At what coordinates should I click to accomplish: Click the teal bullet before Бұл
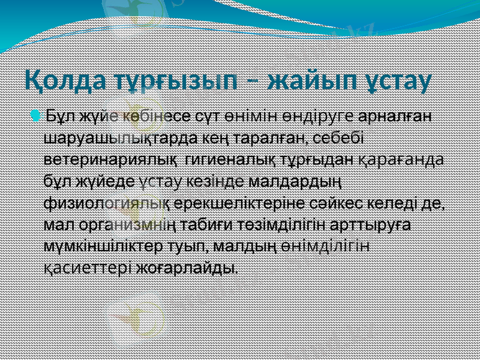[x=38, y=115]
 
